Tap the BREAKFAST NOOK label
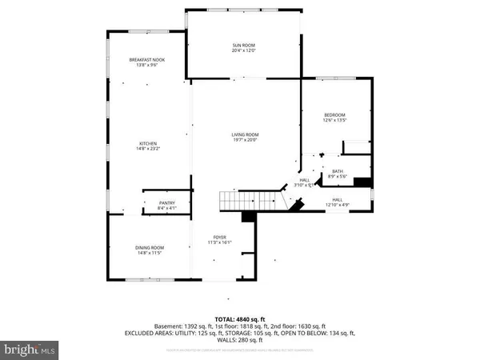(x=147, y=60)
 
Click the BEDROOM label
(x=334, y=115)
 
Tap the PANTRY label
(x=166, y=204)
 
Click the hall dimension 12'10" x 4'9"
(x=337, y=205)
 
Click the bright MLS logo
(x=30, y=350)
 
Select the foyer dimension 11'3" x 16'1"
(x=219, y=243)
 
